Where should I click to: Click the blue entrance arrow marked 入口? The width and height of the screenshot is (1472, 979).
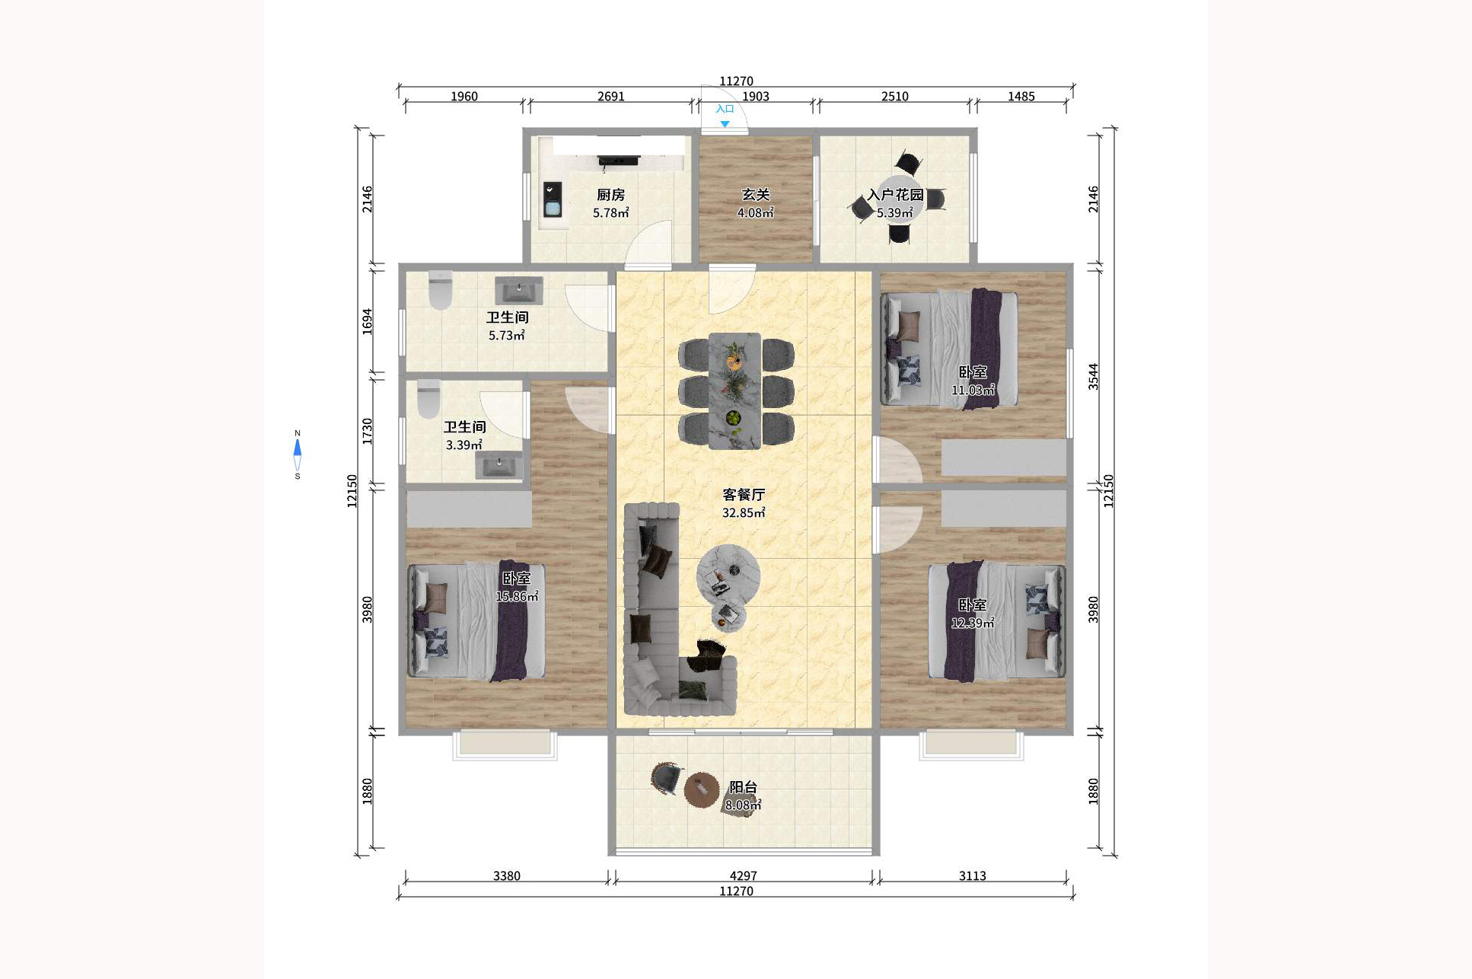tap(725, 124)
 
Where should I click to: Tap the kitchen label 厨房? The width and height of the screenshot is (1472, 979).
tap(610, 196)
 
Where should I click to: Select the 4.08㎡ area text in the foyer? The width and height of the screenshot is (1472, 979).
tap(755, 213)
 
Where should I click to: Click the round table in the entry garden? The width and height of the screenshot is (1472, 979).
tap(898, 200)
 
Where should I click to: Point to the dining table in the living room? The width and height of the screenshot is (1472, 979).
tap(734, 391)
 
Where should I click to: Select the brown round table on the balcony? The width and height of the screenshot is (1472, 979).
tap(701, 789)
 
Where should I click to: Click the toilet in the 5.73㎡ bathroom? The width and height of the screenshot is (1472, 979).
tap(440, 290)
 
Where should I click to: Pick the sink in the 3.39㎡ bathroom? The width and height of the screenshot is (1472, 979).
tap(499, 465)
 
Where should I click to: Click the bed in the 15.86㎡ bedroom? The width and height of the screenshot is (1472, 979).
tap(477, 621)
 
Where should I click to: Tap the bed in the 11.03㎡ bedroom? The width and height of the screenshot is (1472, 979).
tap(949, 349)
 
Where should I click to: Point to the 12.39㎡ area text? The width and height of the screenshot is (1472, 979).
tap(972, 623)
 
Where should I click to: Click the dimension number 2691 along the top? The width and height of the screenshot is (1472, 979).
tap(610, 97)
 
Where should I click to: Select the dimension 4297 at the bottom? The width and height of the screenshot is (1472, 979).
tap(743, 876)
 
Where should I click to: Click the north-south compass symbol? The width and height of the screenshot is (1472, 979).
tap(298, 454)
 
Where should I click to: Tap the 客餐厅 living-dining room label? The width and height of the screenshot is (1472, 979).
tap(744, 495)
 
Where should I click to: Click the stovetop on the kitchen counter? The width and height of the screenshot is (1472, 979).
tap(618, 160)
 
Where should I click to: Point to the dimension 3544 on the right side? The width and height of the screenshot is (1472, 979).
tap(1093, 377)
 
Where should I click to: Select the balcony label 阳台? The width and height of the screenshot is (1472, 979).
tap(743, 787)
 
